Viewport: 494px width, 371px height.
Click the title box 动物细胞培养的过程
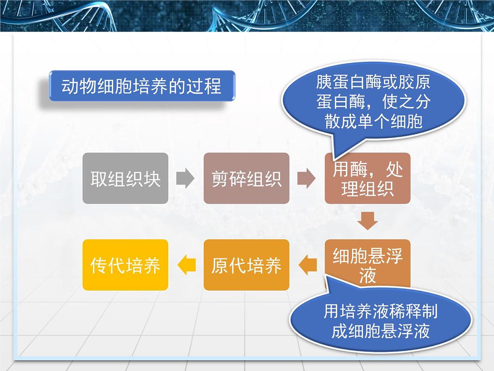click(142, 87)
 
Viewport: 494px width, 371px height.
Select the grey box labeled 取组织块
click(125, 178)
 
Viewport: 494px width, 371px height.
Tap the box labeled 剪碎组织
click(246, 178)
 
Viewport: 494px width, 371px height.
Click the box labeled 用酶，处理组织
click(368, 178)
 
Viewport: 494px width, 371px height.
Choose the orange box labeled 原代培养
click(246, 265)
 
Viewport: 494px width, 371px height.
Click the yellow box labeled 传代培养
click(125, 265)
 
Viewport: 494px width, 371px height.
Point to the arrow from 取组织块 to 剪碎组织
click(185, 178)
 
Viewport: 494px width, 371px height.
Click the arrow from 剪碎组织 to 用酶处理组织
click(306, 178)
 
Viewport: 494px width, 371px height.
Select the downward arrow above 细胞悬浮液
click(368, 221)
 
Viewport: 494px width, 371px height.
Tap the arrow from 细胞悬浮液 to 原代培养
click(307, 265)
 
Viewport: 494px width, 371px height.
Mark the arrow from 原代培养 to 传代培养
click(186, 265)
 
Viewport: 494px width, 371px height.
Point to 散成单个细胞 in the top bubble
click(373, 122)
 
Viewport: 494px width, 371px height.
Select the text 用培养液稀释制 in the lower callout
click(380, 312)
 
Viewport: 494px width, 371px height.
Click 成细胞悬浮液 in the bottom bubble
click(380, 331)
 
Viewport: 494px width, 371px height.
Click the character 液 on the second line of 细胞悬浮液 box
click(368, 275)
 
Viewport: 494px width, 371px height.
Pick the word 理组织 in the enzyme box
click(368, 189)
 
